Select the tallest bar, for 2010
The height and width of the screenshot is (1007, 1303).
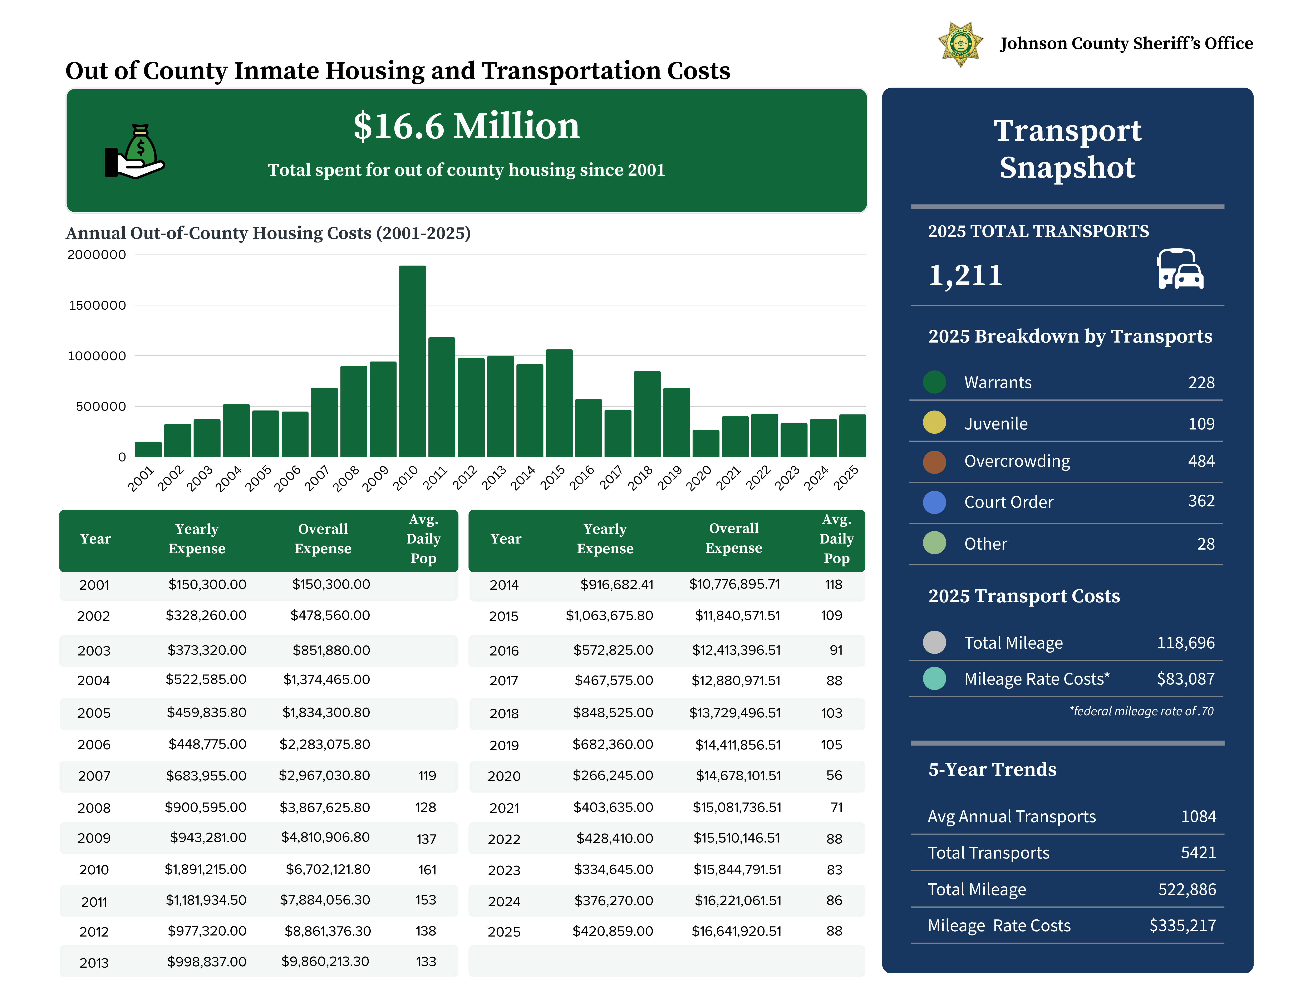pos(412,361)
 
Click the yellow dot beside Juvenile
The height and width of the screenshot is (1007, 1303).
pos(934,422)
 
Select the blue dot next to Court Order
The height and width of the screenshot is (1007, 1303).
pos(934,502)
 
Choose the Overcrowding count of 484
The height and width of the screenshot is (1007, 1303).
pos(1201,461)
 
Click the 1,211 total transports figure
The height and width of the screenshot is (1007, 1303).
pos(965,275)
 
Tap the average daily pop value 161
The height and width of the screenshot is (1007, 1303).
pos(427,870)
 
